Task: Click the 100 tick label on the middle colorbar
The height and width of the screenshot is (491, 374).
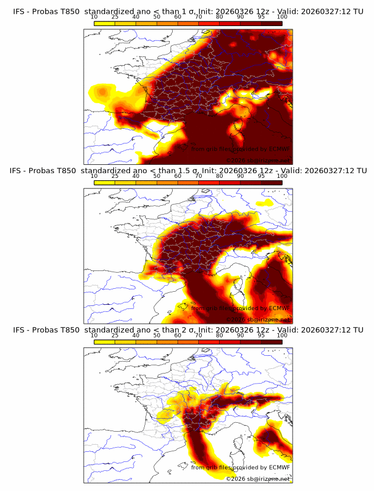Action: pos(282,176)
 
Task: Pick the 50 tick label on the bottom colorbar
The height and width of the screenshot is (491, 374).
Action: pos(157,336)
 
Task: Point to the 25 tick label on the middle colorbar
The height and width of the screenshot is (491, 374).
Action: pos(115,176)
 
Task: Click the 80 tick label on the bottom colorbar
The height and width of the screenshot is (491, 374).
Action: pos(219,336)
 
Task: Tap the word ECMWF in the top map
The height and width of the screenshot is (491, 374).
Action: pos(279,149)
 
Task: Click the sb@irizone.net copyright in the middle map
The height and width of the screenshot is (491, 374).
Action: pos(258,319)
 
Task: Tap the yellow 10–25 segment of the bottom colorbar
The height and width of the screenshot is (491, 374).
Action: pos(104,342)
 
